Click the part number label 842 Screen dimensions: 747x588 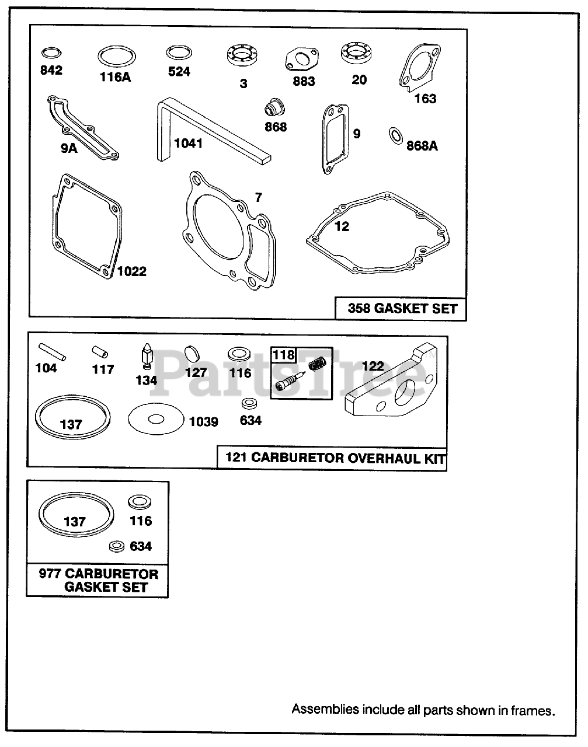pyautogui.click(x=51, y=71)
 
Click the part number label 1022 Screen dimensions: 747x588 pyautogui.click(x=131, y=271)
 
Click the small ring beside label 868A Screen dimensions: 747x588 pyautogui.click(x=395, y=135)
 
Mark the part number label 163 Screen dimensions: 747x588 pyautogui.click(x=425, y=99)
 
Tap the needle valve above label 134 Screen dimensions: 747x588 pyautogui.click(x=146, y=357)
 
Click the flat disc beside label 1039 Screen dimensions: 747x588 pyautogui.click(x=155, y=419)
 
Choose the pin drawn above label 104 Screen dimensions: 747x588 pyautogui.click(x=53, y=352)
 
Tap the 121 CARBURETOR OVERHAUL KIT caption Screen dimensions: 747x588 pyautogui.click(x=331, y=458)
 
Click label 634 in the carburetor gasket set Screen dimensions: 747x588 pyautogui.click(x=140, y=546)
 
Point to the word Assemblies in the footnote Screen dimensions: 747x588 pyautogui.click(x=325, y=710)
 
